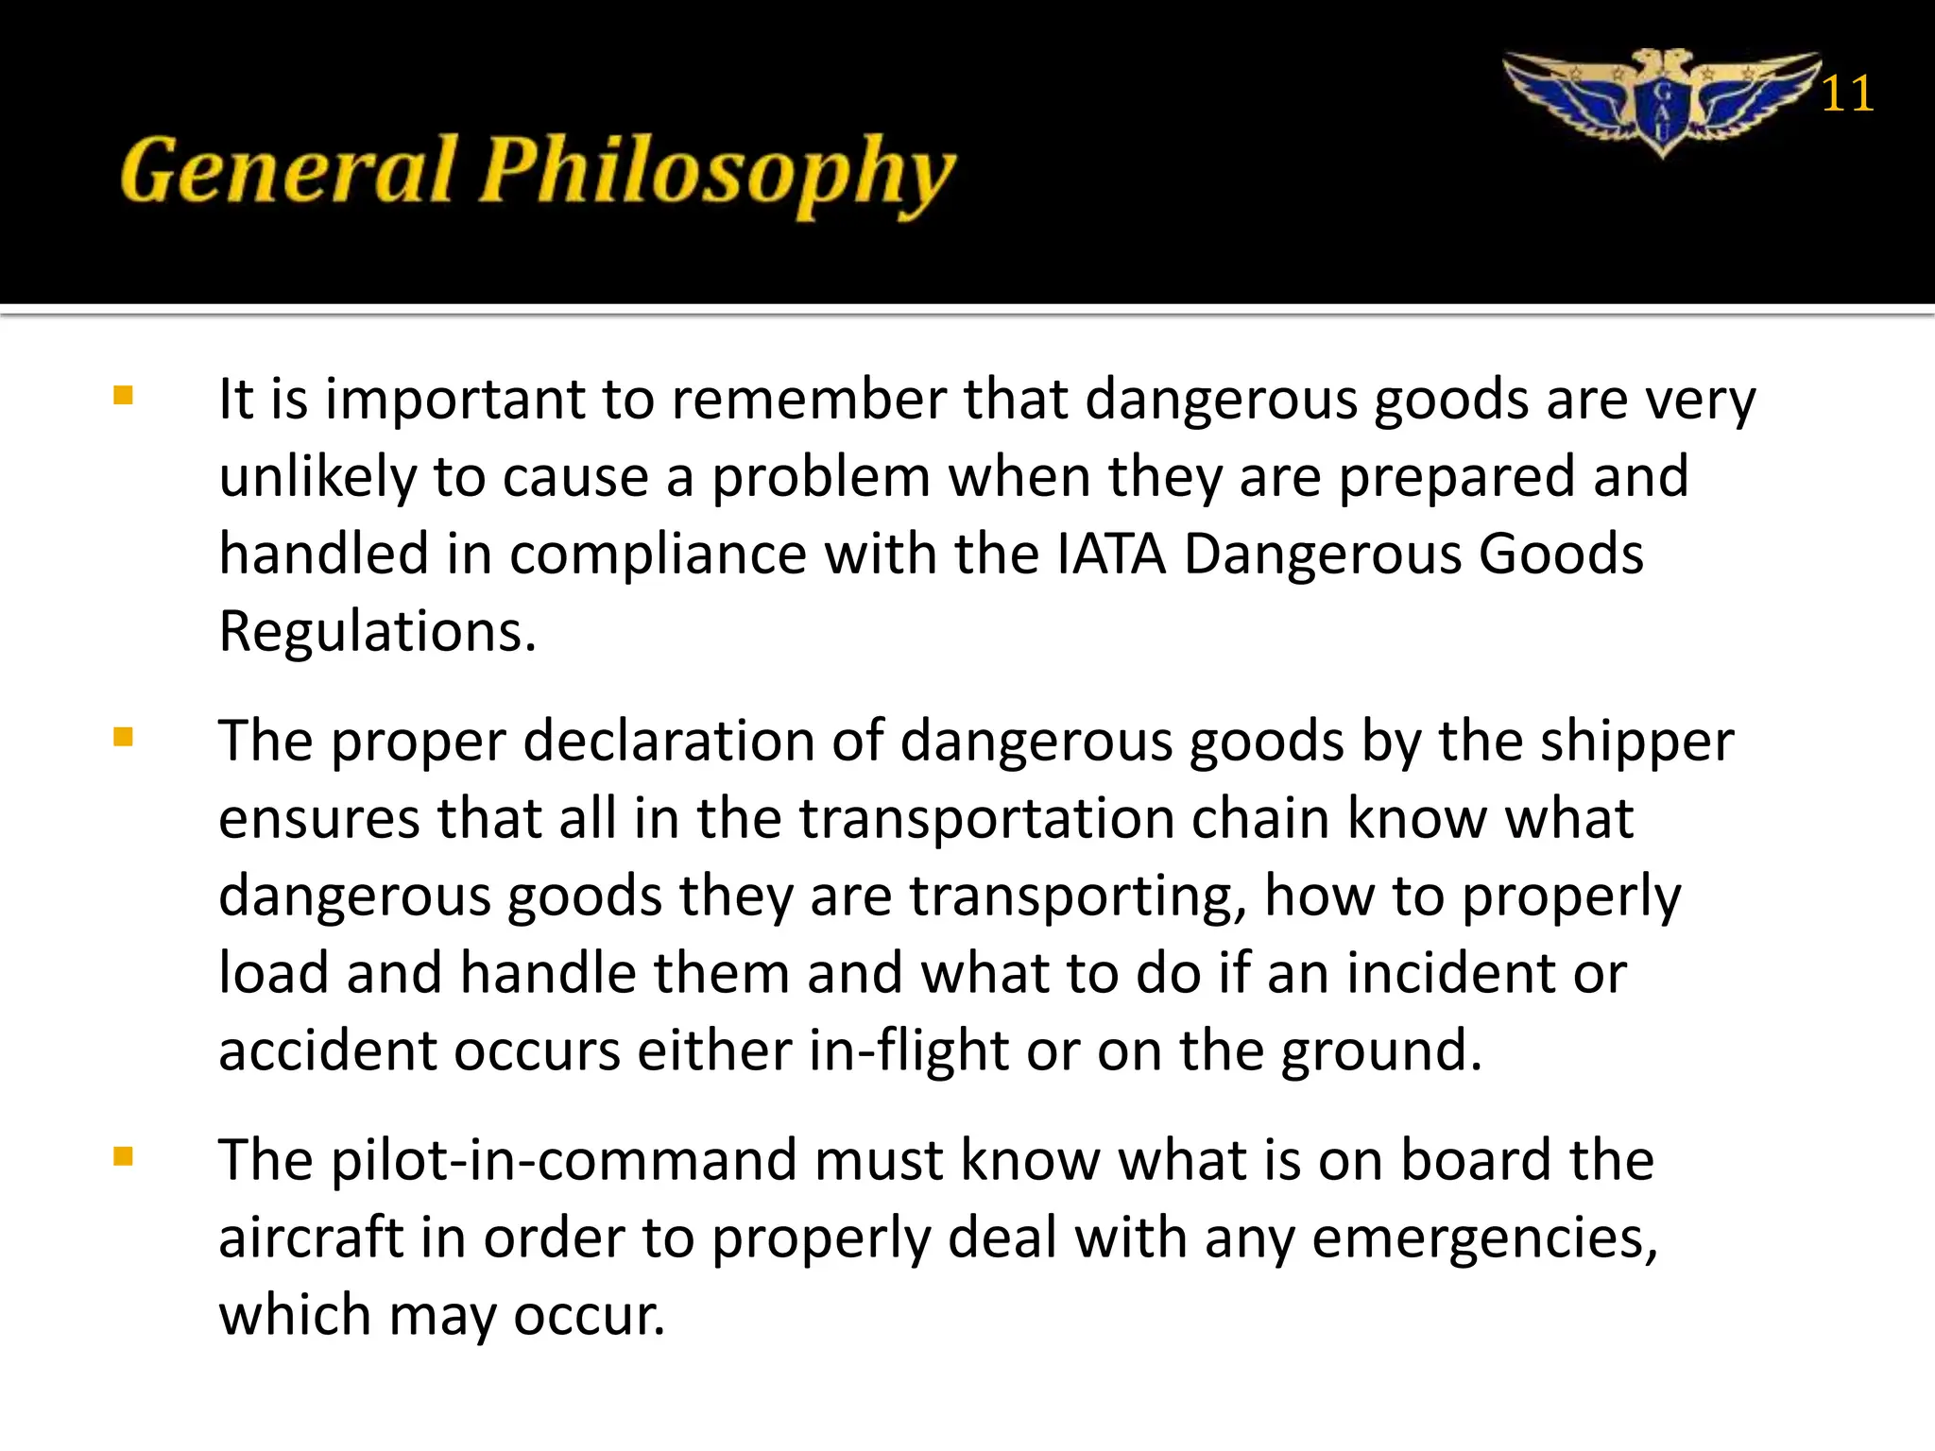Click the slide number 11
click(1846, 94)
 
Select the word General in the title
click(288, 171)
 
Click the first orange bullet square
click(123, 395)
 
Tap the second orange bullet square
click(123, 737)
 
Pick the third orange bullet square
click(123, 1156)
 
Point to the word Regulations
click(376, 631)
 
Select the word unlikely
click(317, 476)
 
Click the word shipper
click(1636, 743)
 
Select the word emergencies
click(1483, 1239)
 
